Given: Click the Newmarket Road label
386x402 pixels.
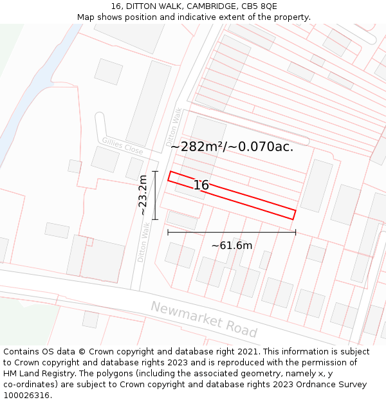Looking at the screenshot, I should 204,319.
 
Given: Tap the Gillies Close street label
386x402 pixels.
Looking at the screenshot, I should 122,146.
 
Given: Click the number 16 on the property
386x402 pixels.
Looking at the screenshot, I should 201,185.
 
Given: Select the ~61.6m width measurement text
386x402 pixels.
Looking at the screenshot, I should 232,245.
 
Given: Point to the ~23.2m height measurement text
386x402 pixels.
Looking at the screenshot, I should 143,196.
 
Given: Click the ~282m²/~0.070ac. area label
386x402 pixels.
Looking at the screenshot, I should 232,147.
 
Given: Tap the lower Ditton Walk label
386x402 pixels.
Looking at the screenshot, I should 143,241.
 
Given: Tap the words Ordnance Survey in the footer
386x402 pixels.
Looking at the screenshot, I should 335,385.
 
